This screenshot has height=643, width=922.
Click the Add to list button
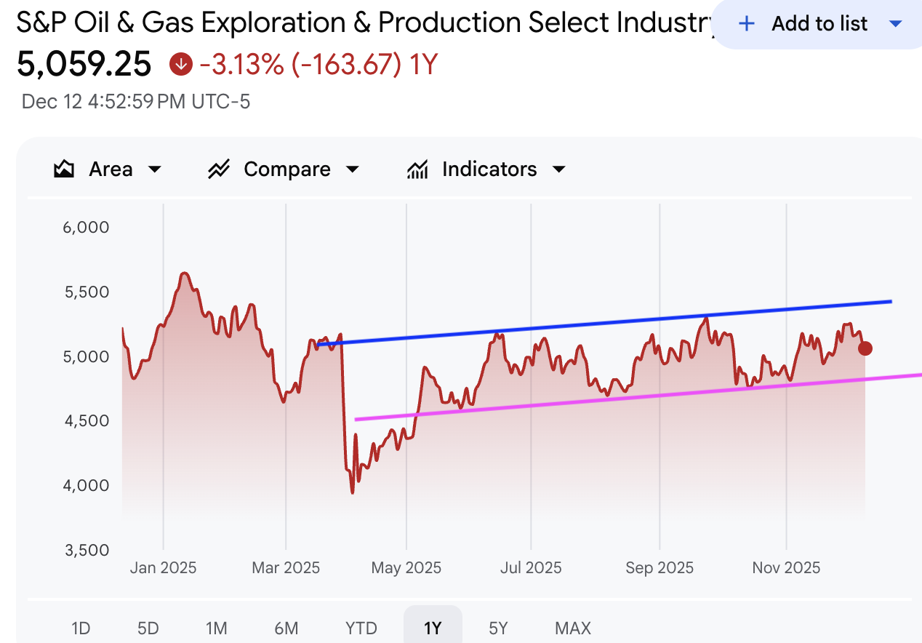tap(819, 24)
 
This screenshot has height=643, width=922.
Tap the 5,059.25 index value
tap(84, 65)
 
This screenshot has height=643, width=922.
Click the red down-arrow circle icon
tap(180, 65)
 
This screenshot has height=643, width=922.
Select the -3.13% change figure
tap(241, 65)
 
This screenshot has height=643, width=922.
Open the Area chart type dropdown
tap(108, 169)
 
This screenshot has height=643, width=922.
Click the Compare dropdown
tap(284, 169)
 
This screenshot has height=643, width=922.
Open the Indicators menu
tap(486, 169)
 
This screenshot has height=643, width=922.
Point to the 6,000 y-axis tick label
tap(86, 228)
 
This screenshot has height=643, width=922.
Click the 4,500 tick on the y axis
tap(86, 421)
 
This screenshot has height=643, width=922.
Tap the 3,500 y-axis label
tap(86, 550)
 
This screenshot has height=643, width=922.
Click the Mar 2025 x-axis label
tap(286, 567)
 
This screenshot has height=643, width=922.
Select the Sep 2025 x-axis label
tap(660, 567)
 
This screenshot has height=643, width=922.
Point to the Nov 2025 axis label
tap(786, 567)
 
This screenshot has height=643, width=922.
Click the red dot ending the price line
tap(865, 348)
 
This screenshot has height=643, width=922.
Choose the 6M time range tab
tap(286, 628)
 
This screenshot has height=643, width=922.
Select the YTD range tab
tap(361, 628)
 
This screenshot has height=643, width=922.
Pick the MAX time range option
tap(573, 628)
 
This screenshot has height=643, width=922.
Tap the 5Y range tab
tap(498, 628)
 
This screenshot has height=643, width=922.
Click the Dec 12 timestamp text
tap(136, 102)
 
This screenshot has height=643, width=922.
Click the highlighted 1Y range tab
tap(433, 628)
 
